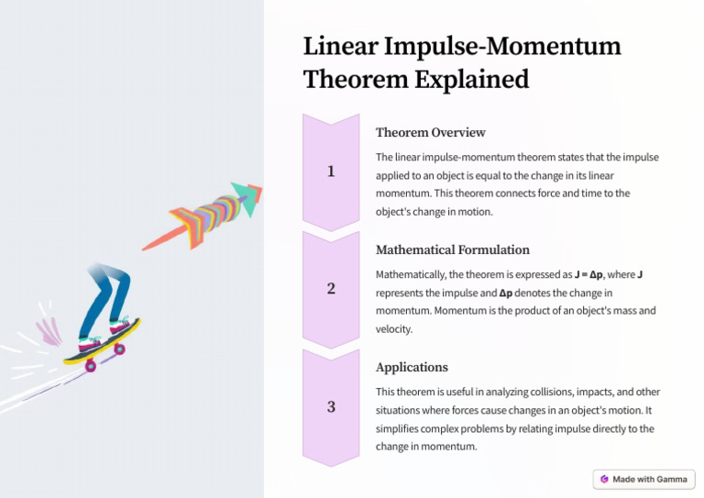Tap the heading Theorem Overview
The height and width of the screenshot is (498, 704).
coord(431,132)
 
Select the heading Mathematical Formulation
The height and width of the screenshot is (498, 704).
coord(453,249)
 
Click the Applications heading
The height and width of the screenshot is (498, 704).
coord(412,367)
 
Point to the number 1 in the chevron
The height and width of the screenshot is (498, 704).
coord(331,172)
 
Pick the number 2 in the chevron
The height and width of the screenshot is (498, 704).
coord(331,289)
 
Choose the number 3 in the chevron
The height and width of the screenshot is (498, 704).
coord(331,406)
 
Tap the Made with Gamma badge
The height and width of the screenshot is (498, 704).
coord(644,479)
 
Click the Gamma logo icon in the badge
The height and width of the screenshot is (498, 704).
coord(604,479)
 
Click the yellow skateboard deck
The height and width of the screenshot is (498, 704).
coord(103,343)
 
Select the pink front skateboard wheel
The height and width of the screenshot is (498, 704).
coord(119,349)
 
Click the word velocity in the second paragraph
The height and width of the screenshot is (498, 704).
coord(394,328)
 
